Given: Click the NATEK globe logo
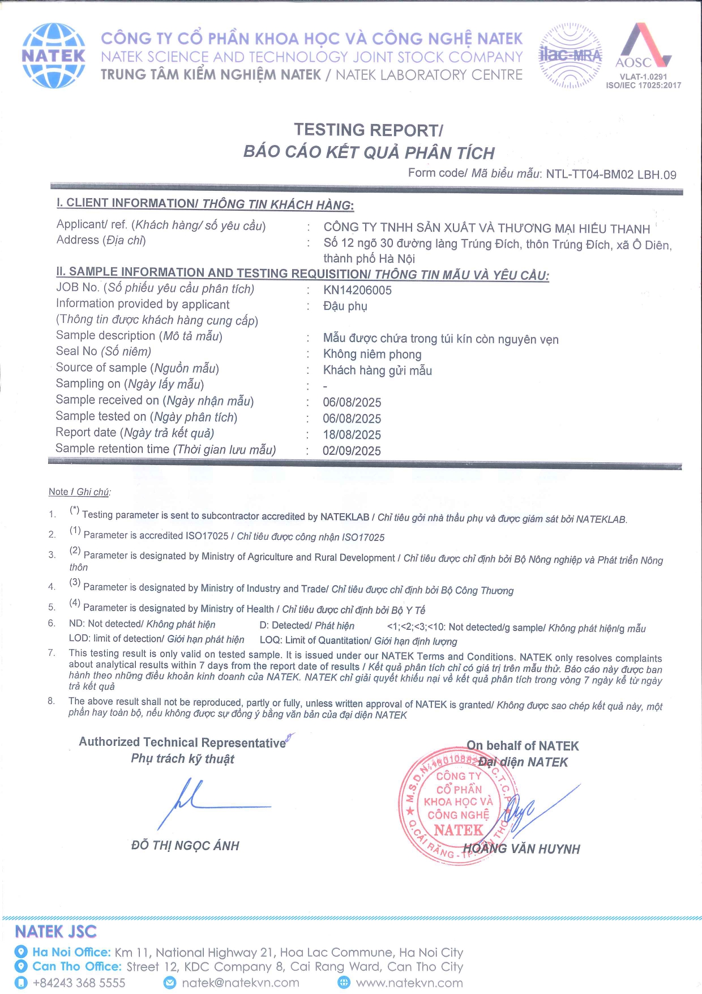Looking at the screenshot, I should [54, 56].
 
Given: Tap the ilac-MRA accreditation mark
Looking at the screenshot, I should [570, 56].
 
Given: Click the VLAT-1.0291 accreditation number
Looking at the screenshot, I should [643, 76].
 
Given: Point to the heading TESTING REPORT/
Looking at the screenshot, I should [368, 130].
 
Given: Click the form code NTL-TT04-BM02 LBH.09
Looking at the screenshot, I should [611, 174].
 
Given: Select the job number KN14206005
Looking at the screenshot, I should [357, 291].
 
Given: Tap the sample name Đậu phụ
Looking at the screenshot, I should [345, 306].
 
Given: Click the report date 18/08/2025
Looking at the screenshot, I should [352, 435].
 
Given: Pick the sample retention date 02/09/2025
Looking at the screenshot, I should [352, 451].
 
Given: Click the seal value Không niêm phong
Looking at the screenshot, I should [372, 355].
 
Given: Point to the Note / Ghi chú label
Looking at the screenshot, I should [79, 492].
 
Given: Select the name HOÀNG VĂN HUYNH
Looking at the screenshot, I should [521, 849].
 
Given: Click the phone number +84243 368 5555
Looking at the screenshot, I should [79, 983].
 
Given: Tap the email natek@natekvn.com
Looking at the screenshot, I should [240, 983].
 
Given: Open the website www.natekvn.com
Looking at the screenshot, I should [409, 983].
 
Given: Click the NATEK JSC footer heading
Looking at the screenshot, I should [55, 932].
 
